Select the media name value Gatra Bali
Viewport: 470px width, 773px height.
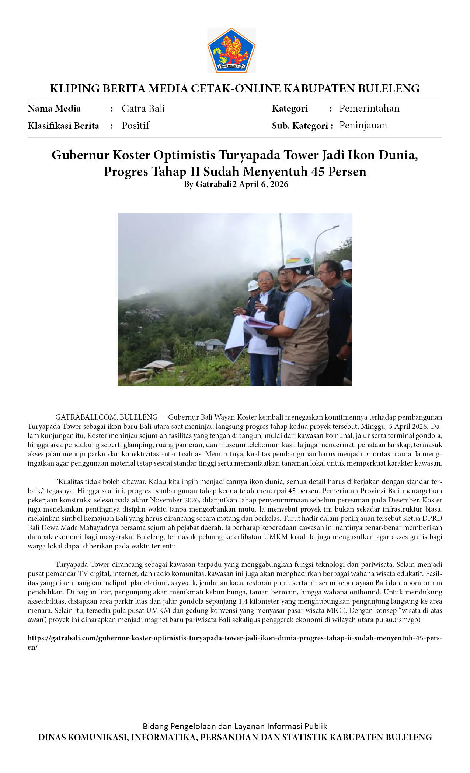143,109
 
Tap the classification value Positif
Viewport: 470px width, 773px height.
135,126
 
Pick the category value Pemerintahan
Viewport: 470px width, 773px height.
369,108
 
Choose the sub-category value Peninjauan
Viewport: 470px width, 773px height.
363,125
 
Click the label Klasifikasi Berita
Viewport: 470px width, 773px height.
63,126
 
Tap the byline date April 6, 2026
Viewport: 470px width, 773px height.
263,184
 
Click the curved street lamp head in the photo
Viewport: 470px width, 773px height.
332,228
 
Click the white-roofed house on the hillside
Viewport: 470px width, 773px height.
214,344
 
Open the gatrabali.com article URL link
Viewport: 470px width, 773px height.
234,638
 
